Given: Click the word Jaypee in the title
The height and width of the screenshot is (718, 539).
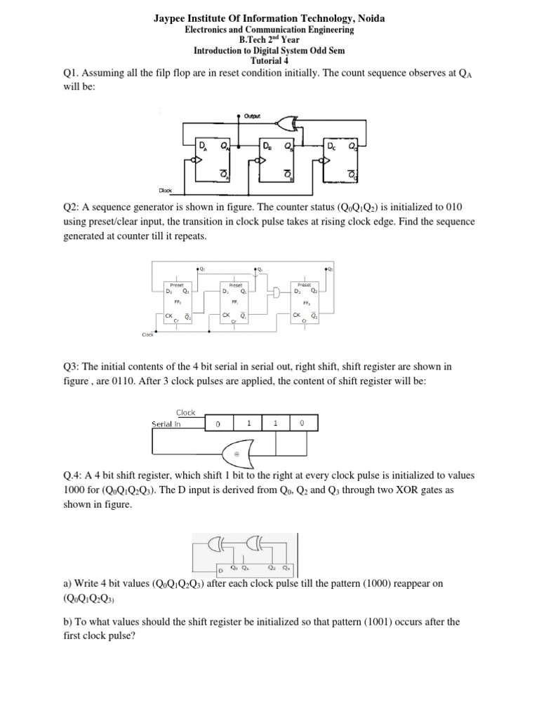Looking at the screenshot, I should point(172,18).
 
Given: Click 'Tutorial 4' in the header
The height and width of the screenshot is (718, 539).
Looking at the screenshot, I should point(269,60).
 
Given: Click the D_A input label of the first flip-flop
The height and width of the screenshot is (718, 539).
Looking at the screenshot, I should point(203,146).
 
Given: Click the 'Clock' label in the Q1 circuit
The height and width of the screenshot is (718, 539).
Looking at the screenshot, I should point(166,190).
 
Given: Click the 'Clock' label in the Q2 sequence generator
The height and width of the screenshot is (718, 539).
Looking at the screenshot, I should point(147,334).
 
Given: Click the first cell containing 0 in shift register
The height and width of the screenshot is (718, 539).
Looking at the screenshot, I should point(218,424).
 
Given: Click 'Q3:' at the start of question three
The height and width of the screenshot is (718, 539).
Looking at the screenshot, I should point(72,367).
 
